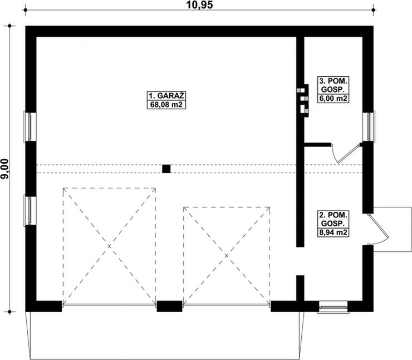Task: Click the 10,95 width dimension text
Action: (199, 4)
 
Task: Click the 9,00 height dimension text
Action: (4, 169)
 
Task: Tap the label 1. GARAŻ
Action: (166, 95)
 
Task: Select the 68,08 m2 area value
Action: (166, 105)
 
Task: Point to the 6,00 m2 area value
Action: (333, 99)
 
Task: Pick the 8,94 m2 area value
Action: (333, 232)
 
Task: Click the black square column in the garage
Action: (166, 169)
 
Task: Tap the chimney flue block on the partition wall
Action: (302, 100)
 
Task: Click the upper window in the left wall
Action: (30, 127)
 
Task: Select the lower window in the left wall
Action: (30, 210)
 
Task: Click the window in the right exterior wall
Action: (369, 127)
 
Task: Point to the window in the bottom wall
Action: (333, 307)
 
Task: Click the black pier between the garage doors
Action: (169, 307)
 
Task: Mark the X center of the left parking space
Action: (109, 246)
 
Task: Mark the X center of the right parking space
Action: (227, 256)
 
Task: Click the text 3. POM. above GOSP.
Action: (333, 80)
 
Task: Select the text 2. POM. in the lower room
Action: (333, 215)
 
